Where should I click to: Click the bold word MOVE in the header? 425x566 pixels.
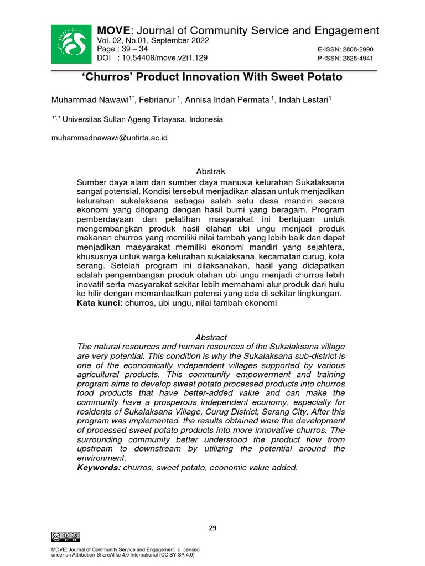tap(113, 30)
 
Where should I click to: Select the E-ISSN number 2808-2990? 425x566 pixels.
tap(358, 50)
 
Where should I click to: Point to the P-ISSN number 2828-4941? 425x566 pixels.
tap(358, 58)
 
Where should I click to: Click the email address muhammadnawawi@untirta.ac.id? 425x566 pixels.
tap(109, 138)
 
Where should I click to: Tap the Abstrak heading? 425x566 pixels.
tap(211, 171)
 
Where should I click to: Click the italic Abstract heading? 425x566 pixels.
tap(211, 337)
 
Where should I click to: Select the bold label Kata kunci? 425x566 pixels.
tap(99, 303)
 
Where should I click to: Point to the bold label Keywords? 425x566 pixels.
tap(98, 468)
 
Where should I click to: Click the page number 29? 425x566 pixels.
tap(212, 528)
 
